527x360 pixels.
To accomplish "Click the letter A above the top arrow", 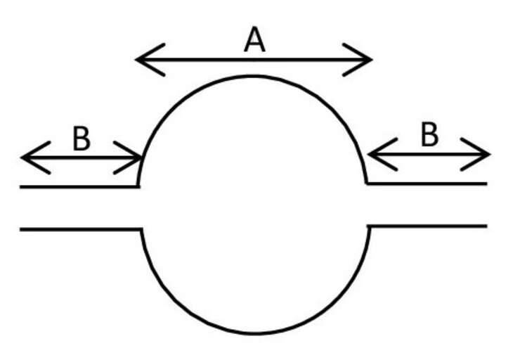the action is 255,39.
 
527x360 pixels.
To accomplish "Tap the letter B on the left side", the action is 82,139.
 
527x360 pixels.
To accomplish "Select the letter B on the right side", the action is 429,134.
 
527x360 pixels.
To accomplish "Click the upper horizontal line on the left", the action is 79,187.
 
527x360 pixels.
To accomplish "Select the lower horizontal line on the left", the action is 81,229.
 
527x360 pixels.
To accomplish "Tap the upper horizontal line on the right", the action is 427,184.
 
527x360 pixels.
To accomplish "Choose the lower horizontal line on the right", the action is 427,226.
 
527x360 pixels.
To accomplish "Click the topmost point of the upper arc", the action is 253,77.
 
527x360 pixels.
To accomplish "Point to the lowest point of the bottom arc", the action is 255,333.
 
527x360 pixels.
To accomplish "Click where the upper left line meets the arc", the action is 138,186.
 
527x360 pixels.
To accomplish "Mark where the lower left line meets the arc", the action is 141,229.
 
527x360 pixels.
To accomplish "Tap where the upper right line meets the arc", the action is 367,184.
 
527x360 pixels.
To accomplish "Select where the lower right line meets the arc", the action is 369,226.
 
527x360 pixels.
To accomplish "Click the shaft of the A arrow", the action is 254,60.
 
